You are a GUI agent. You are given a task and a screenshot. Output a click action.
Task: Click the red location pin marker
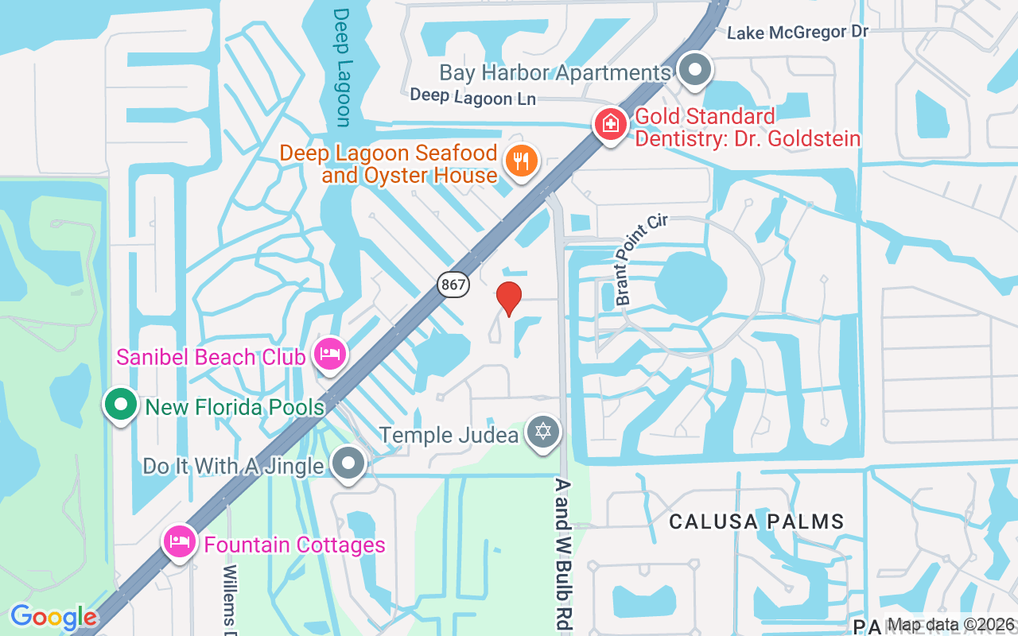pyautogui.click(x=509, y=298)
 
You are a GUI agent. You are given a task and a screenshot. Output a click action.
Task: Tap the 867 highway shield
pyautogui.click(x=453, y=284)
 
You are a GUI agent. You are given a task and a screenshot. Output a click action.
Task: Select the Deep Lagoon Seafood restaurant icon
pyautogui.click(x=521, y=161)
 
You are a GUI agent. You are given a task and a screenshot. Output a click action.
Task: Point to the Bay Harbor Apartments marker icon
pyautogui.click(x=696, y=70)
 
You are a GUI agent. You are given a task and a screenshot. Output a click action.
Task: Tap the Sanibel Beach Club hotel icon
pyautogui.click(x=329, y=354)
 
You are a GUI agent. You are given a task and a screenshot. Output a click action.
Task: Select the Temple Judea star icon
pyautogui.click(x=543, y=432)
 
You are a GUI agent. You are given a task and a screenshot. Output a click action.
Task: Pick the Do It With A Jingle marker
pyautogui.click(x=348, y=463)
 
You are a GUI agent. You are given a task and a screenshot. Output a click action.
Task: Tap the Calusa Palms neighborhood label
pyautogui.click(x=756, y=522)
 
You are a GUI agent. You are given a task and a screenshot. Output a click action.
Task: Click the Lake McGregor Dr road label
pyautogui.click(x=797, y=32)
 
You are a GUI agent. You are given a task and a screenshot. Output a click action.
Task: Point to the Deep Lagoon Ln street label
pyautogui.click(x=472, y=97)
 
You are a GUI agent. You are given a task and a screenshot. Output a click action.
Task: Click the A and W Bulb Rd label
pyautogui.click(x=564, y=554)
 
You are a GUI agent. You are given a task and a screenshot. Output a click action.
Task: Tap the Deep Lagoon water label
pyautogui.click(x=342, y=68)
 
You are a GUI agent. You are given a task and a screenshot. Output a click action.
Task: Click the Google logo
pyautogui.click(x=53, y=617)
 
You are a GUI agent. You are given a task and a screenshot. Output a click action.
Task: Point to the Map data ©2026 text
pyautogui.click(x=950, y=625)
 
